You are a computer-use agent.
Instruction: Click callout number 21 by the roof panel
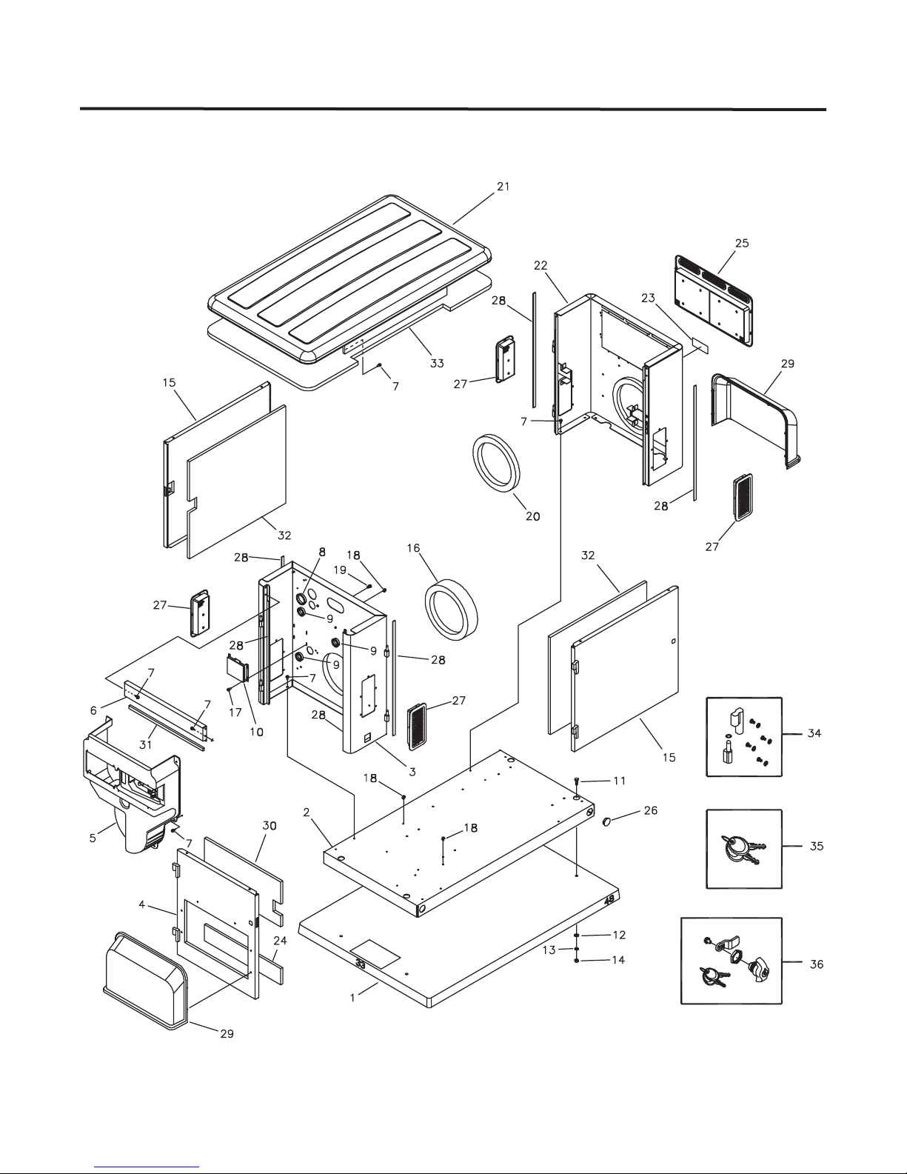click(503, 187)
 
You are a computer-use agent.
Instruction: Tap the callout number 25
click(741, 243)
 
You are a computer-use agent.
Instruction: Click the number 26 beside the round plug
click(650, 810)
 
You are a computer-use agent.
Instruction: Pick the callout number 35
click(817, 846)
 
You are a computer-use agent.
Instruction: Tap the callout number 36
click(817, 964)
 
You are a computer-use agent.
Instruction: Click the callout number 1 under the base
click(352, 997)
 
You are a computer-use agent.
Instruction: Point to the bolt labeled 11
click(577, 781)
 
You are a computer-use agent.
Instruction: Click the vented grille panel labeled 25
click(714, 302)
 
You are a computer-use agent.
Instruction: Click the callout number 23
click(649, 298)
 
